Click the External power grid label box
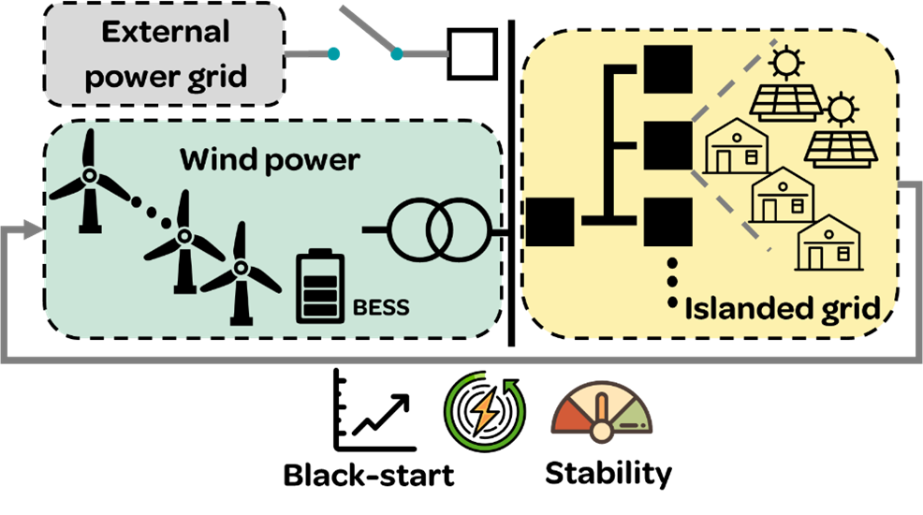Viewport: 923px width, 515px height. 165,53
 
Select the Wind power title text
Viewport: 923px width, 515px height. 269,160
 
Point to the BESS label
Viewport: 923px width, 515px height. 381,308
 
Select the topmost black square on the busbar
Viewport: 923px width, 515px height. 667,67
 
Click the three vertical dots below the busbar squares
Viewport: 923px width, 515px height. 671,282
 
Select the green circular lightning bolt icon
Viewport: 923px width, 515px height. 485,412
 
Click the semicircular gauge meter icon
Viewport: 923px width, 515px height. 601,412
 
